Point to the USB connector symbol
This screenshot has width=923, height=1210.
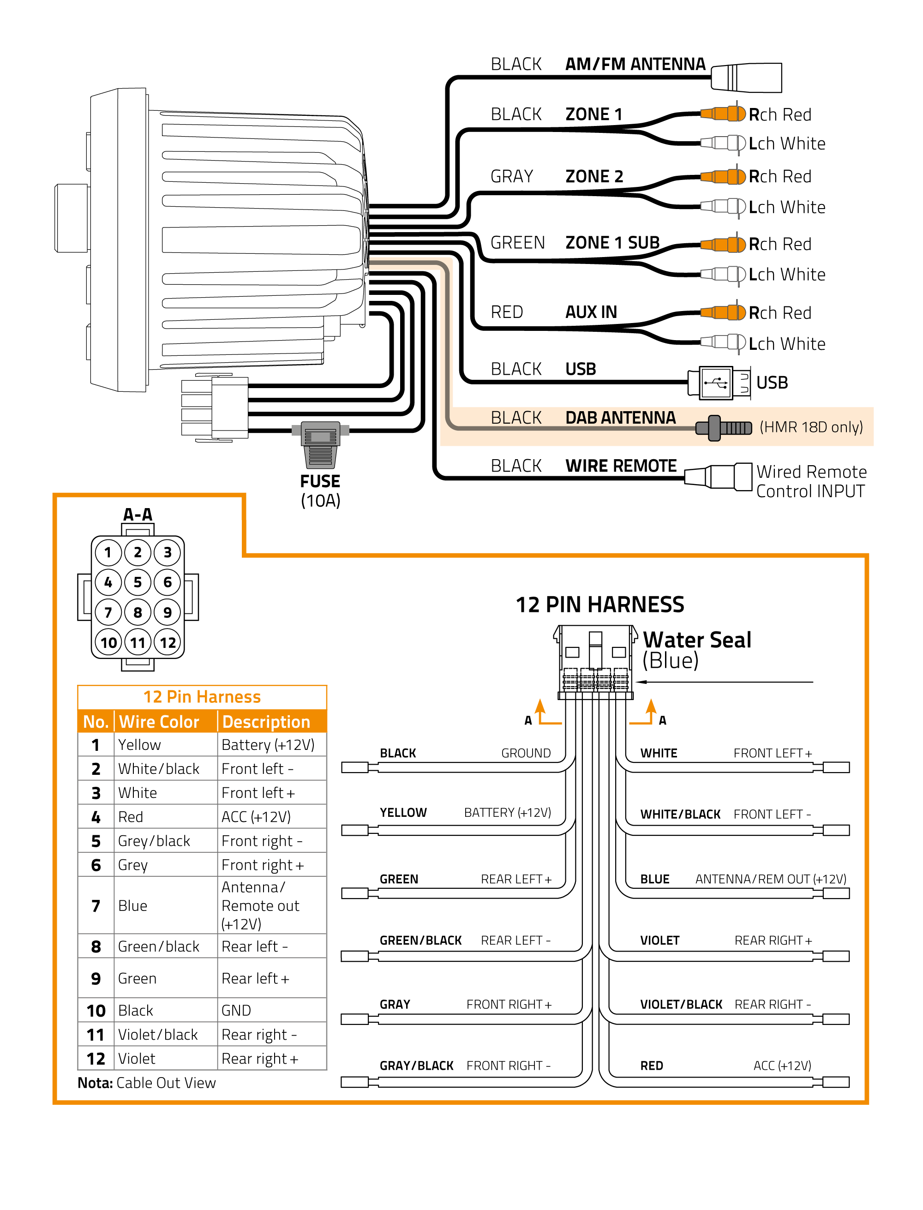pyautogui.click(x=716, y=382)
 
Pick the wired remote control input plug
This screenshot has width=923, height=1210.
pyautogui.click(x=720, y=476)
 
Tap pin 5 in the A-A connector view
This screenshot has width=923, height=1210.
pyautogui.click(x=138, y=582)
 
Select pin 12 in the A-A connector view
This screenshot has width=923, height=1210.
pyautogui.click(x=168, y=642)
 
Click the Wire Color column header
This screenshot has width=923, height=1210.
pyautogui.click(x=159, y=722)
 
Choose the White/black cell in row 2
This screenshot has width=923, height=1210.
pyautogui.click(x=159, y=769)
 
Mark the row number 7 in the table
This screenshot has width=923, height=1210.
pyautogui.click(x=96, y=906)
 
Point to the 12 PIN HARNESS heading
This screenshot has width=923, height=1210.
pyautogui.click(x=599, y=604)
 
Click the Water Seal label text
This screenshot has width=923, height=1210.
pyautogui.click(x=697, y=641)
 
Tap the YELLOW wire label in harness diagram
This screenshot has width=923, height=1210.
pyautogui.click(x=403, y=812)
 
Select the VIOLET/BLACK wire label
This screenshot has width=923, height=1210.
pyautogui.click(x=681, y=1005)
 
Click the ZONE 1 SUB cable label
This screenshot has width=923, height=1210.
pyautogui.click(x=612, y=242)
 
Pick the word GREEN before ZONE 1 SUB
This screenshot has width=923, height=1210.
pyautogui.click(x=517, y=242)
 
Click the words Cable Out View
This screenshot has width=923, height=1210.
pyautogui.click(x=166, y=1083)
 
